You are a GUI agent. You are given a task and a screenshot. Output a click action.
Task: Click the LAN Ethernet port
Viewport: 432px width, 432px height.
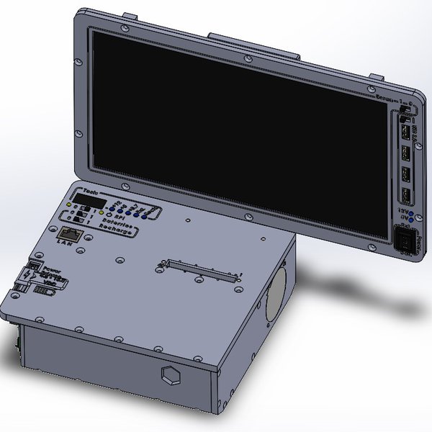[x=68, y=233]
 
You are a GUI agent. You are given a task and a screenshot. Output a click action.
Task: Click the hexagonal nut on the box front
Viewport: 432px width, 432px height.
[x=171, y=374]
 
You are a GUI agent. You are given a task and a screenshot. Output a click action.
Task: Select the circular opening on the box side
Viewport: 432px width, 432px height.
[x=273, y=296]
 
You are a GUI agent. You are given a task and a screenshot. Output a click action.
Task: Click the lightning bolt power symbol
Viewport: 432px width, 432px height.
[x=30, y=274]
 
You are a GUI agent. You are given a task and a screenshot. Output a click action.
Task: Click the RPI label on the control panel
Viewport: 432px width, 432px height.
[x=119, y=215]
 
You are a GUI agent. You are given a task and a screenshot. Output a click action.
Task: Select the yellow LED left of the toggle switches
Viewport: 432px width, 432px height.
[x=69, y=207]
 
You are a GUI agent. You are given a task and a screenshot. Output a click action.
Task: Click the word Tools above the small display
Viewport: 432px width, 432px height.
[x=91, y=191]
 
